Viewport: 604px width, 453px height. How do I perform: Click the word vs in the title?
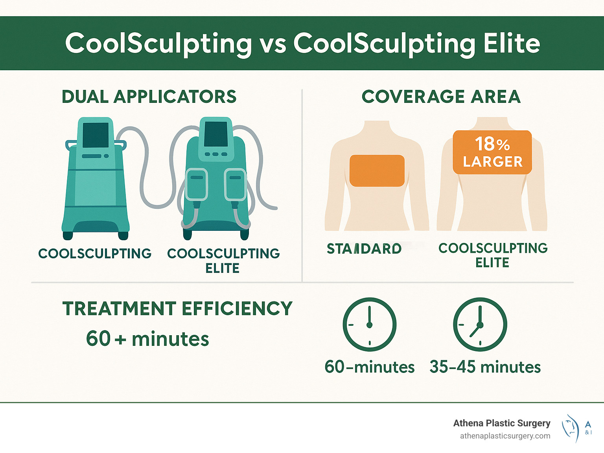[273, 44]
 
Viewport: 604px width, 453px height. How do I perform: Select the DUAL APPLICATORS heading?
[149, 97]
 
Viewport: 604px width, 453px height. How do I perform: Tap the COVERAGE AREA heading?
[441, 97]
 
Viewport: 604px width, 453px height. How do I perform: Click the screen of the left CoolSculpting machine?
[96, 135]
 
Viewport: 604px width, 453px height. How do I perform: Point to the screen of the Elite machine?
[215, 134]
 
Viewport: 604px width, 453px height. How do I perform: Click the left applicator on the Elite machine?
[197, 184]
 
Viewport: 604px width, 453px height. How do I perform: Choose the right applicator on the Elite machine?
[235, 184]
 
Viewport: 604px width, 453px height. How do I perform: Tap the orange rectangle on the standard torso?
[377, 170]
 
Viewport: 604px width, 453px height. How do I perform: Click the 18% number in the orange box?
[492, 144]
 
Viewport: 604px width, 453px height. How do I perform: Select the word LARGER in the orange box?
[493, 162]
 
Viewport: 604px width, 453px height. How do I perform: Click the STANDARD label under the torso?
[364, 248]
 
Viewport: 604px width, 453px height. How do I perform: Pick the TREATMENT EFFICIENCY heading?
[177, 309]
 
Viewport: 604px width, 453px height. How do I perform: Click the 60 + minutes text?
[147, 338]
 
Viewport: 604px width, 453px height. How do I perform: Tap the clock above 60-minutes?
[369, 324]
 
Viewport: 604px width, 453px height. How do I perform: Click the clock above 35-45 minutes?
[480, 324]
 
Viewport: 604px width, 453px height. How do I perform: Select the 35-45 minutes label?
[485, 367]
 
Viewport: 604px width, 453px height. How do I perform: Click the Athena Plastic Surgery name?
[502, 423]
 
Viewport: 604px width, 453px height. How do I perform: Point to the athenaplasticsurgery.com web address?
[505, 436]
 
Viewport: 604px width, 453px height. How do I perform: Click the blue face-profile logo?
[571, 428]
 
